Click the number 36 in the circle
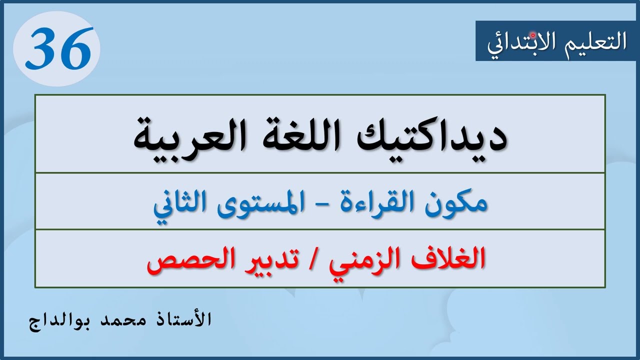pos(58,48)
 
